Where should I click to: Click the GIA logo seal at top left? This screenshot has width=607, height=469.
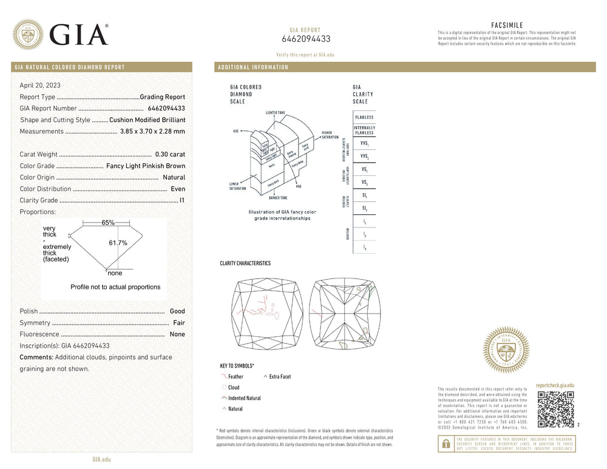(28, 35)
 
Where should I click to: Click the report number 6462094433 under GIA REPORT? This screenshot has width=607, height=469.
(306, 39)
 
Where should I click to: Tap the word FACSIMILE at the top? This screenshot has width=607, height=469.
(506, 25)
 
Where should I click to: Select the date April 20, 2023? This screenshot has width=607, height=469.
(40, 86)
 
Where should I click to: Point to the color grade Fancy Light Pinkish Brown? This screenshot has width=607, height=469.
(146, 166)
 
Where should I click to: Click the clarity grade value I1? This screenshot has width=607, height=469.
(182, 201)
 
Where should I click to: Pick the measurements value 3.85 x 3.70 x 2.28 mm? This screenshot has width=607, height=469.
(152, 132)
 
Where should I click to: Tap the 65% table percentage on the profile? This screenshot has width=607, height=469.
(108, 223)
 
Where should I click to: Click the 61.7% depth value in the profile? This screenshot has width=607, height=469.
(118, 243)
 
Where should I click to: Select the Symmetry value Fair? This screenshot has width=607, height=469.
(178, 323)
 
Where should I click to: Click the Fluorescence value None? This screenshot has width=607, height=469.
(177, 335)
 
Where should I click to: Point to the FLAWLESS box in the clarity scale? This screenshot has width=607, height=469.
(364, 117)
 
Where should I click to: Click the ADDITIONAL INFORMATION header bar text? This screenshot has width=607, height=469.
(253, 67)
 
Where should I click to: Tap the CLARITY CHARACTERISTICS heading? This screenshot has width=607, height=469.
(245, 264)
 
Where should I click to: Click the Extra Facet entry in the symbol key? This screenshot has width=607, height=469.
(280, 377)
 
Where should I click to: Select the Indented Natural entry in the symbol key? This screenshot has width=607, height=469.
(244, 398)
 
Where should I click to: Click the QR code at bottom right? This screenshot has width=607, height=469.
(555, 410)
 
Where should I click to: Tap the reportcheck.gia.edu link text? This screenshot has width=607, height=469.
(555, 385)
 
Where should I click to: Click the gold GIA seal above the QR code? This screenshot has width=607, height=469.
(506, 349)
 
